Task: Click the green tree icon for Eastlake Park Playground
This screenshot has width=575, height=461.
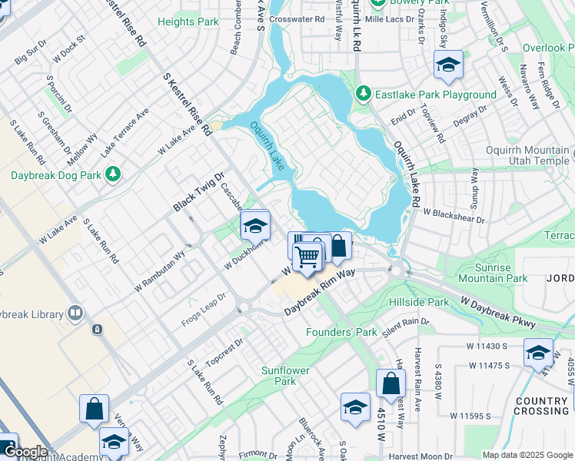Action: coord(364,95)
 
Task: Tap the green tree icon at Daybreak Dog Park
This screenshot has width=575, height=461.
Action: coord(113,175)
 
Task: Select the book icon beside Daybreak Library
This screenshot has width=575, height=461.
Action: coord(75,313)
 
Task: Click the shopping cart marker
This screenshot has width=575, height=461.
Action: coord(308,257)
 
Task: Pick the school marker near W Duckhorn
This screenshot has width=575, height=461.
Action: coord(255,226)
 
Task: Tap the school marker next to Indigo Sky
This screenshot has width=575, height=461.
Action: coord(448,66)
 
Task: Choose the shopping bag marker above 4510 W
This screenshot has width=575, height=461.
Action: coord(391,383)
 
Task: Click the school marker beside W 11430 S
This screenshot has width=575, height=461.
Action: coord(538,353)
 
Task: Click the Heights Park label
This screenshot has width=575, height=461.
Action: coord(188,22)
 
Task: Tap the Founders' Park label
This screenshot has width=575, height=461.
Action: coord(341,332)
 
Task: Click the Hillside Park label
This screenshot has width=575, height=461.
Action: coord(418,302)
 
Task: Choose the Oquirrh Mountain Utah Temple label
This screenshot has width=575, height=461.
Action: coord(527,156)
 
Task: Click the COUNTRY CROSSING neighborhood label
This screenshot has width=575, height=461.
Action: coord(542,406)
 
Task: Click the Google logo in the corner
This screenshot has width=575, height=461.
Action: coord(27,453)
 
